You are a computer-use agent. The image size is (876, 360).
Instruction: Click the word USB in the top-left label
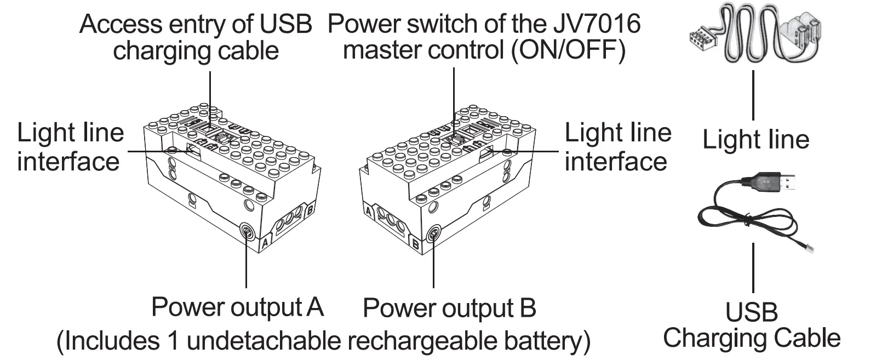click(287, 25)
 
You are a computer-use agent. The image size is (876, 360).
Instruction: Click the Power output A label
click(237, 307)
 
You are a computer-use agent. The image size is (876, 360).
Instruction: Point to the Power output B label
click(449, 308)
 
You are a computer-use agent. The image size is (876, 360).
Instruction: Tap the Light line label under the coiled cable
click(755, 140)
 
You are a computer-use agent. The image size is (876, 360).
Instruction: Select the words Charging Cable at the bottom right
click(752, 338)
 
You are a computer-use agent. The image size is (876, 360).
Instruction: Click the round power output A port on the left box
click(247, 232)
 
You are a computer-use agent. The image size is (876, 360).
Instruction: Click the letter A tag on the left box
click(265, 242)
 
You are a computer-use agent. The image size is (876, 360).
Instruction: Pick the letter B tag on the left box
click(310, 209)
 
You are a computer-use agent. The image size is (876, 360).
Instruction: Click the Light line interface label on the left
click(70, 147)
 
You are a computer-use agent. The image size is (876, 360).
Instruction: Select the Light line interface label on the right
click(617, 147)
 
